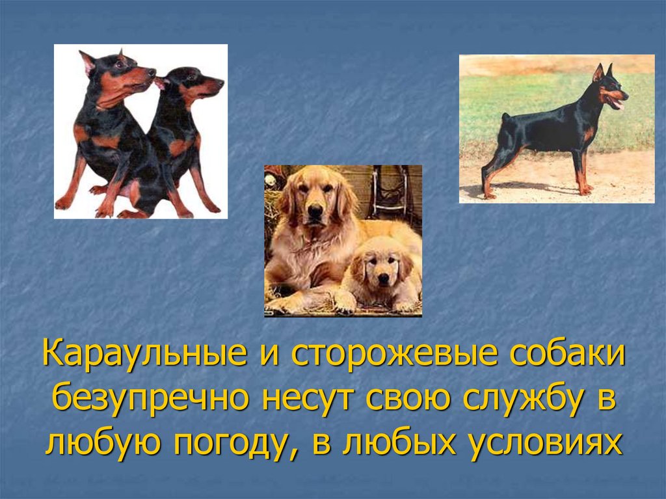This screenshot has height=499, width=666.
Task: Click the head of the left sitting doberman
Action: point(124,74)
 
